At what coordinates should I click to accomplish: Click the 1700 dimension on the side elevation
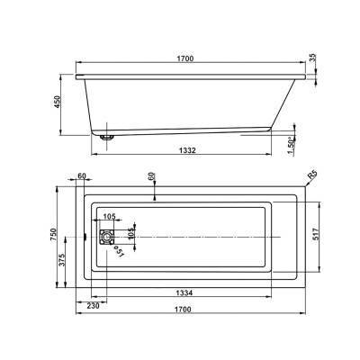click(185, 58)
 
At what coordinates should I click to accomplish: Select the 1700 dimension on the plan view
click(183, 309)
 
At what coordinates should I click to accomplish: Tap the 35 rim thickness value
click(312, 58)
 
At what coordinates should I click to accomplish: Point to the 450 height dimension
click(57, 102)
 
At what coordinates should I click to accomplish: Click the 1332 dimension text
click(187, 150)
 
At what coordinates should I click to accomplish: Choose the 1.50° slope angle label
click(290, 145)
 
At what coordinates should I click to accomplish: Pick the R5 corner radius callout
click(312, 175)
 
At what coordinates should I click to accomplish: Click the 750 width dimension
click(53, 235)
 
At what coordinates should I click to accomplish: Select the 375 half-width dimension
click(62, 260)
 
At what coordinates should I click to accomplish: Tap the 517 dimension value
click(315, 234)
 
